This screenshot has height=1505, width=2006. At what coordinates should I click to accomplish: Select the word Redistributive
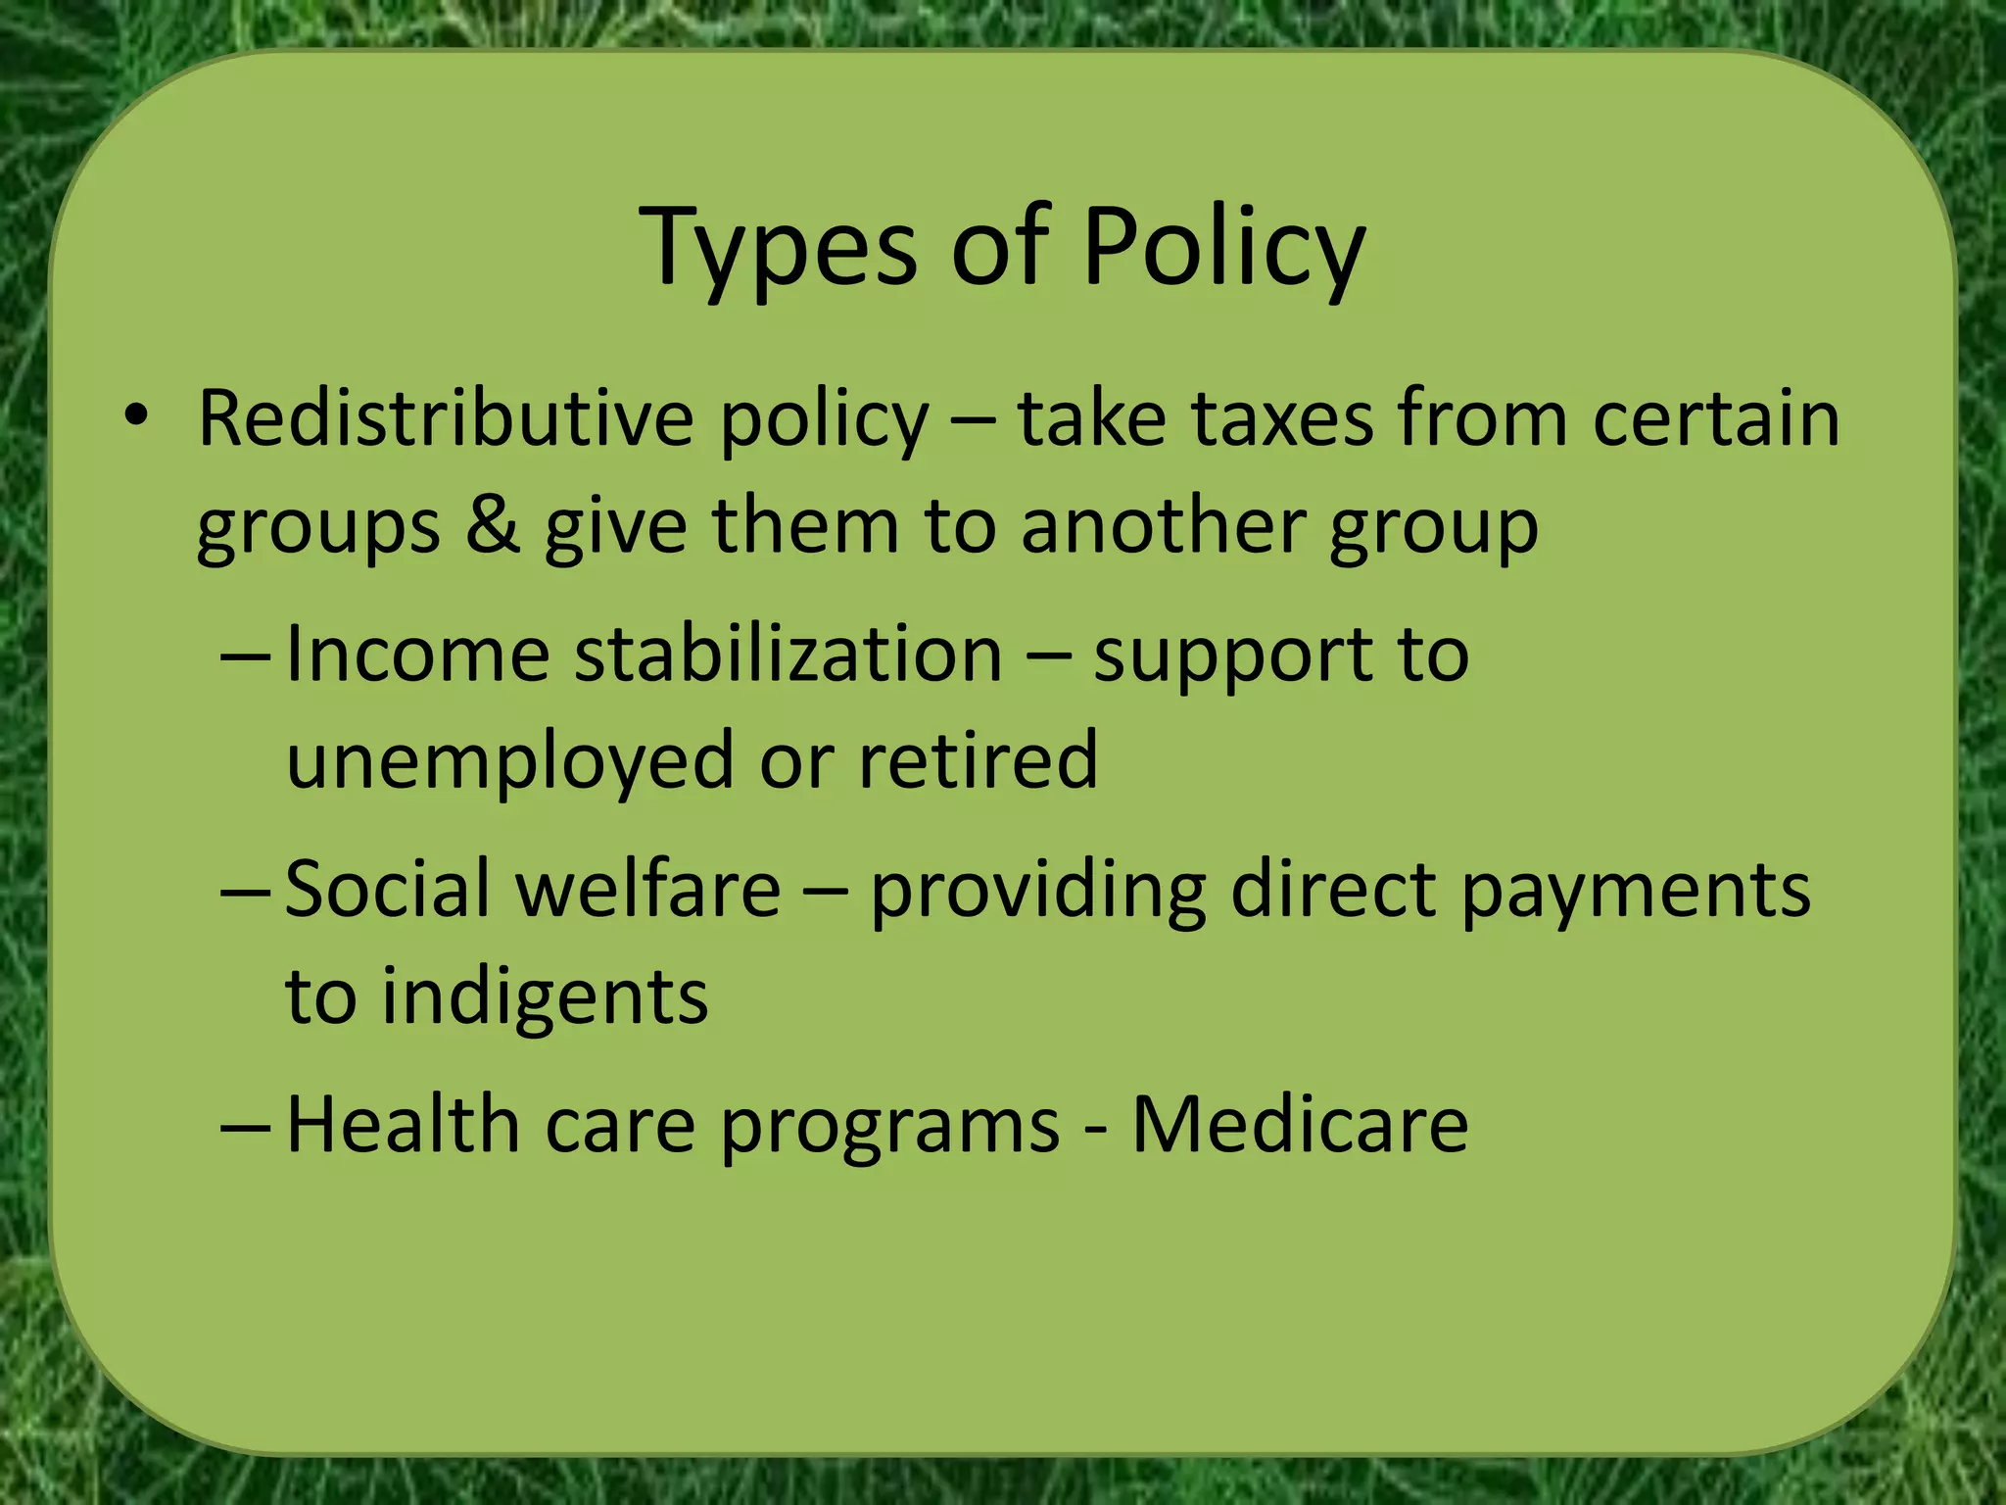tap(446, 419)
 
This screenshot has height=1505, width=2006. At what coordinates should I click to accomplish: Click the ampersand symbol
tap(493, 525)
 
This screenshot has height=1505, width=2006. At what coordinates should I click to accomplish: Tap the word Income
tap(417, 654)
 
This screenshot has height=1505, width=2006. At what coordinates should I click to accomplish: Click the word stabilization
tap(788, 654)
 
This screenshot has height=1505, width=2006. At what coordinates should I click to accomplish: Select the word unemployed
tap(509, 761)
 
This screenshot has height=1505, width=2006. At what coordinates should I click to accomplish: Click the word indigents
tap(545, 997)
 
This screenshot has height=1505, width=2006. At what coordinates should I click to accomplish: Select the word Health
tap(403, 1124)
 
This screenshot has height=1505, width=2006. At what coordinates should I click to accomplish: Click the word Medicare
tap(1300, 1124)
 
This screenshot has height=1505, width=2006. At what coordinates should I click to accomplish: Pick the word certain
tap(1716, 419)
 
